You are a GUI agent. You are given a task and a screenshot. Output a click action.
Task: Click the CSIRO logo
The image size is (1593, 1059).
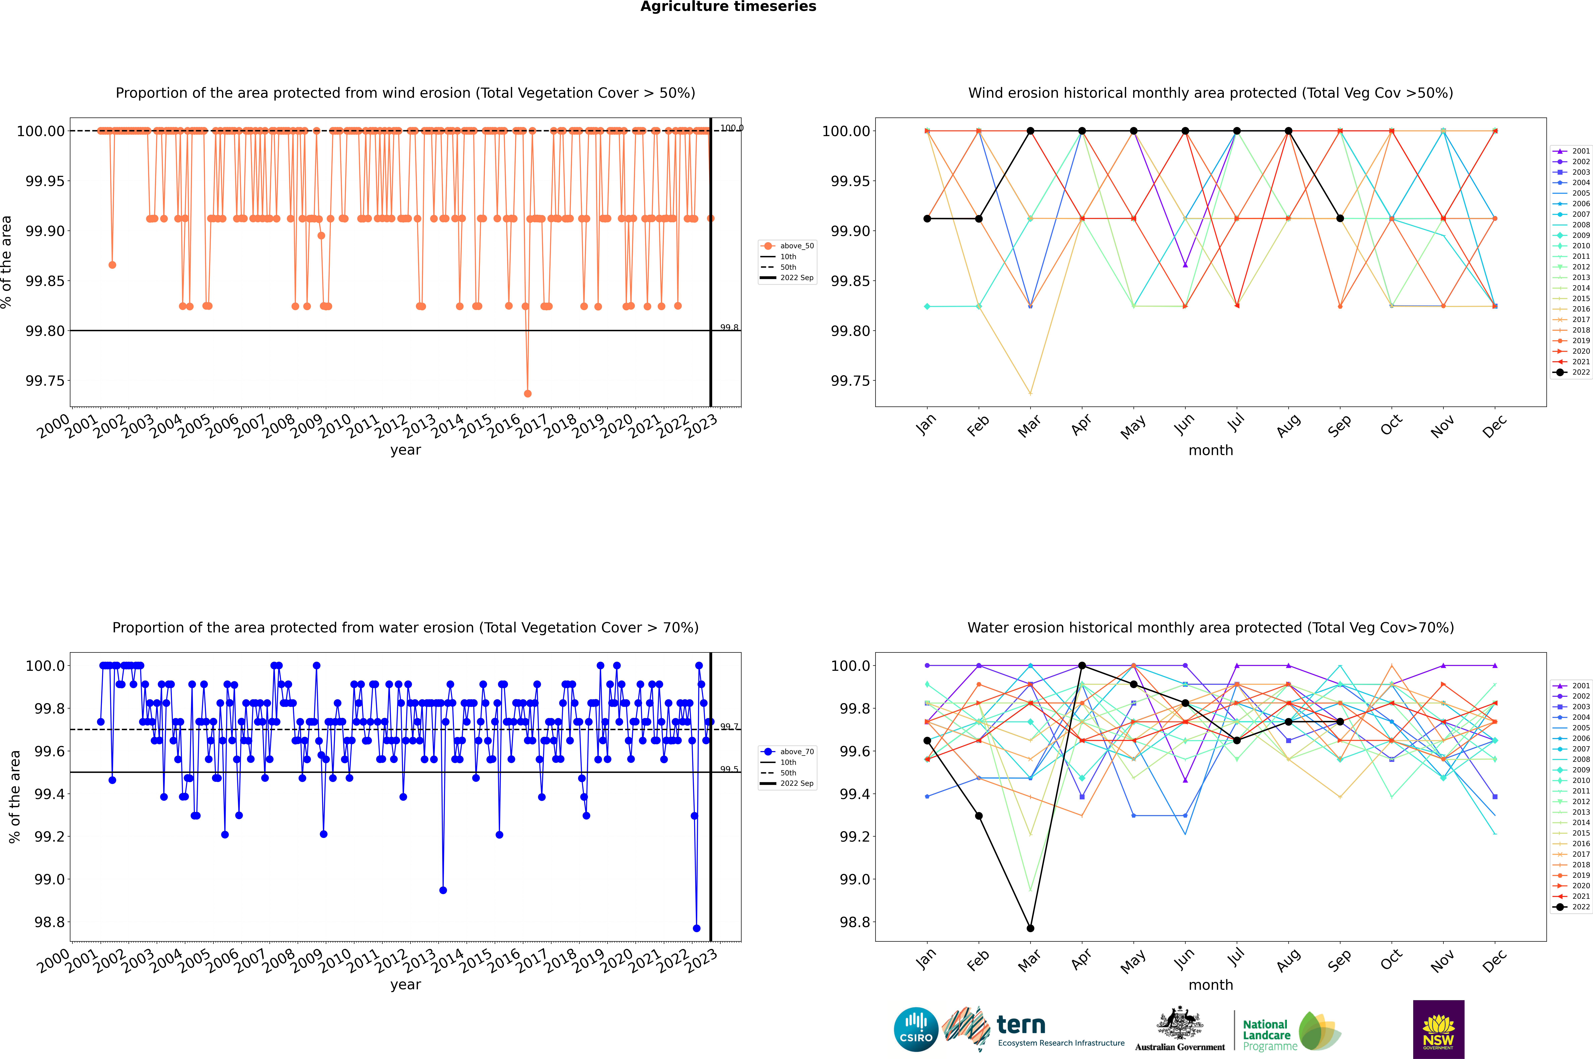pyautogui.click(x=916, y=1029)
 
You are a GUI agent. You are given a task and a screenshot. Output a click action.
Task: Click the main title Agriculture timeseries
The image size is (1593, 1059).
pyautogui.click(x=728, y=7)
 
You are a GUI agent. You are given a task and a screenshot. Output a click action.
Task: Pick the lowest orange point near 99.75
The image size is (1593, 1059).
pyautogui.click(x=527, y=393)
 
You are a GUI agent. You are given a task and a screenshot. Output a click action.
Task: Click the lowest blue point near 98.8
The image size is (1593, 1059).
pyautogui.click(x=696, y=928)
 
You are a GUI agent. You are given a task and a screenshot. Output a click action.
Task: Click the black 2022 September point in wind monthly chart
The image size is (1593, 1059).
pyautogui.click(x=1340, y=218)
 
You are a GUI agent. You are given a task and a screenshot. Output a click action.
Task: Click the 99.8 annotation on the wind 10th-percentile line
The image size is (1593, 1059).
pyautogui.click(x=729, y=328)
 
